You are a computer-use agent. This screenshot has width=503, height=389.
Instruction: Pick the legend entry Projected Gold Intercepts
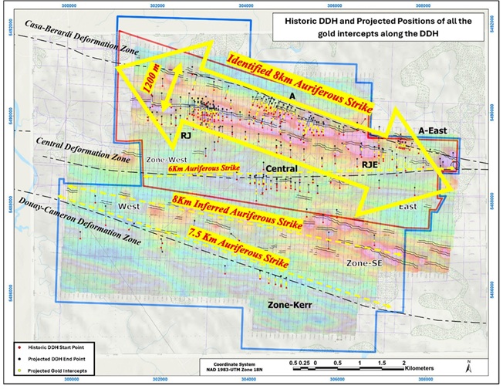(x=49, y=371)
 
